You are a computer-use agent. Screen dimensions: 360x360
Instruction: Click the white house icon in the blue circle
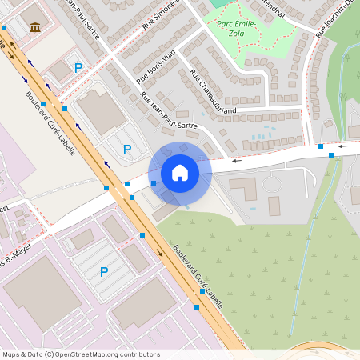[180, 172]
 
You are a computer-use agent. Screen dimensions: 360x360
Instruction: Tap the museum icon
[35, 28]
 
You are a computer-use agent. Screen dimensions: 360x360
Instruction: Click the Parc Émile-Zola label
[236, 29]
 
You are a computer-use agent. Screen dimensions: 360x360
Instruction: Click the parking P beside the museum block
[78, 69]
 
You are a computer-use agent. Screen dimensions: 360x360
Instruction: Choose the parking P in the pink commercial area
[103, 272]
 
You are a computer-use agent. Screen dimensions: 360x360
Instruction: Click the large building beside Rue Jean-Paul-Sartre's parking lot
[102, 112]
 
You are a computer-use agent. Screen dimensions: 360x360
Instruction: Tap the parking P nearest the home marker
[126, 149]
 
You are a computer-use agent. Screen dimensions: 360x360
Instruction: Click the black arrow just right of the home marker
[236, 161]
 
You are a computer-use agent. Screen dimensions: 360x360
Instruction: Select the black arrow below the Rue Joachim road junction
[343, 146]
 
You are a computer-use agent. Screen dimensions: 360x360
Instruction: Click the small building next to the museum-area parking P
[61, 72]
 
